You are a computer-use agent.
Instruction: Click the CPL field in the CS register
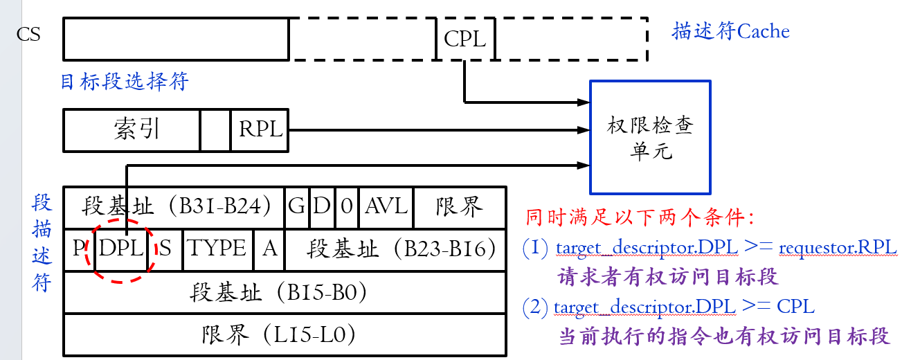click(464, 39)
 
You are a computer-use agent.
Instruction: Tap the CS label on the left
click(28, 34)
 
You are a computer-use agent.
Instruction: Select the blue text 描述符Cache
click(730, 31)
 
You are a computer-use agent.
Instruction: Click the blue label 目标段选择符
click(125, 82)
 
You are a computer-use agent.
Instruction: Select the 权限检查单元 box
click(649, 137)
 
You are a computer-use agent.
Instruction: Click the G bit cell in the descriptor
click(296, 207)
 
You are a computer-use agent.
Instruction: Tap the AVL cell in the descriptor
click(386, 207)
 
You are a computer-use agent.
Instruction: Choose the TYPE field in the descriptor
click(218, 249)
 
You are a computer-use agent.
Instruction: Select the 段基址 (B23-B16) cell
click(394, 249)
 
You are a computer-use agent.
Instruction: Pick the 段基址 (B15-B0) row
click(284, 292)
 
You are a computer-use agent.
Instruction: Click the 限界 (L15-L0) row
click(284, 335)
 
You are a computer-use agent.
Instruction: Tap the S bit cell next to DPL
click(165, 249)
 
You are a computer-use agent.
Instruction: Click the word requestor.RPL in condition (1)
click(838, 247)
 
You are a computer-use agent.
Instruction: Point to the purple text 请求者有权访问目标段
click(668, 277)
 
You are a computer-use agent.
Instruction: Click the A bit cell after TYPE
click(269, 249)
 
